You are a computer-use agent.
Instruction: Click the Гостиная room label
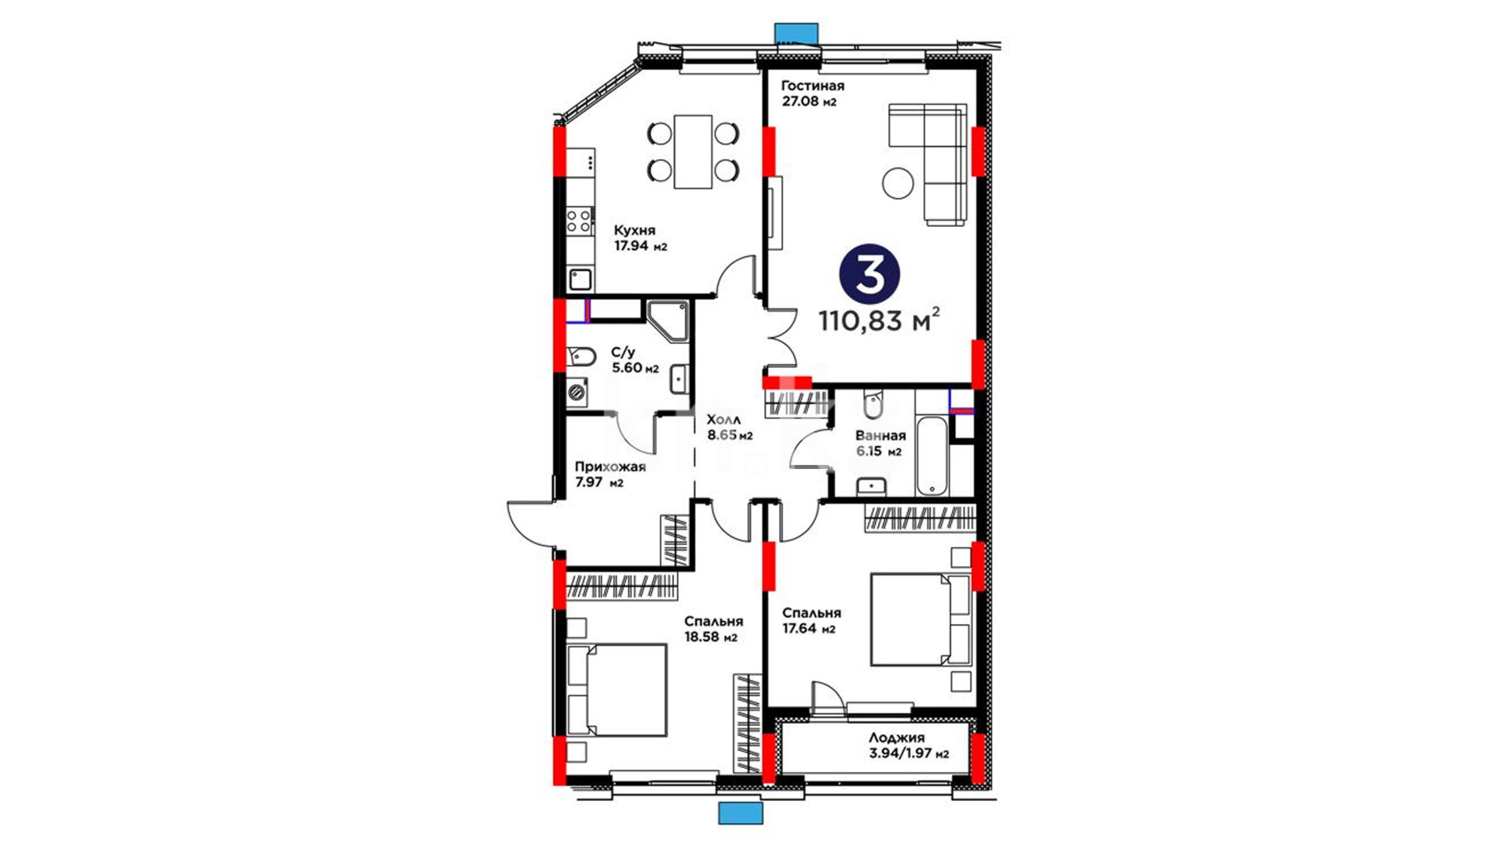click(812, 86)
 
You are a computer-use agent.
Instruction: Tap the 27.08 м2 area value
click(808, 101)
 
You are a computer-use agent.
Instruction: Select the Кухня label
click(635, 230)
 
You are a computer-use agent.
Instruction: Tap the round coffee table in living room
click(898, 184)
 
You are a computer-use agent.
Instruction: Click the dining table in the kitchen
click(693, 152)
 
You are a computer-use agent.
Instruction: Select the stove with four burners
click(580, 219)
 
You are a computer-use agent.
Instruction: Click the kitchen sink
click(580, 279)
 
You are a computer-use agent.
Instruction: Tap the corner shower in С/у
click(668, 320)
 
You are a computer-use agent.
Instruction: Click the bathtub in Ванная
click(932, 457)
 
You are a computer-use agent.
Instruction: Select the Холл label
click(723, 420)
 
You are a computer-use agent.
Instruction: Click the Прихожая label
click(610, 467)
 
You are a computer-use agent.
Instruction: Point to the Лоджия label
click(896, 738)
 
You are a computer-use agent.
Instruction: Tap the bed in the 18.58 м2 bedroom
click(617, 690)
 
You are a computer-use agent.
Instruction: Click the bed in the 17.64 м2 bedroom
click(921, 620)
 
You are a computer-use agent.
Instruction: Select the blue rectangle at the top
click(796, 32)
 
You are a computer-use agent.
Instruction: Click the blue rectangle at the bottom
click(741, 813)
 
